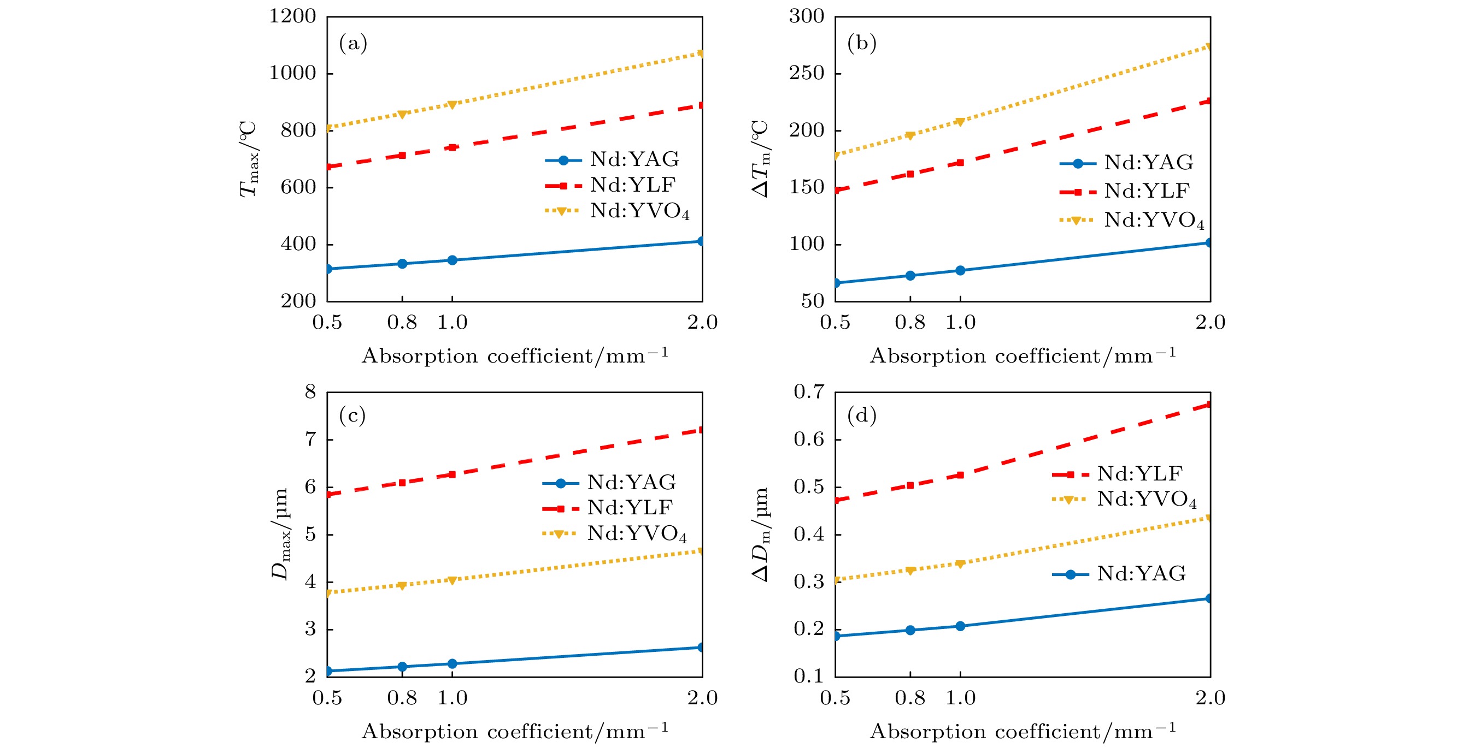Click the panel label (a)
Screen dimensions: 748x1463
[x=352, y=43]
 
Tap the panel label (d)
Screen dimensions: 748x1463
[x=861, y=415]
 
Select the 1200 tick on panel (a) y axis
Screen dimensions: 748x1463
[x=292, y=16]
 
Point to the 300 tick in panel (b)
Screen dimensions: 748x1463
[x=806, y=16]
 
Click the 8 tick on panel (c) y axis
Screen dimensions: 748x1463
[x=310, y=391]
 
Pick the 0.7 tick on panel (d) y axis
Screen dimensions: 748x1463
[x=809, y=391]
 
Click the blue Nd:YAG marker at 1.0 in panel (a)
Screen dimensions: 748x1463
[x=452, y=260]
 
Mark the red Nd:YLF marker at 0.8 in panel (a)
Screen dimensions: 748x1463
[x=402, y=156]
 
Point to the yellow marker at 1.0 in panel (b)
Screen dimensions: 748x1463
[x=960, y=122]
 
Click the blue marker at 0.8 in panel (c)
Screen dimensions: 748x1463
[x=402, y=666]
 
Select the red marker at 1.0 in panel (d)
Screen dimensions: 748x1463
[x=960, y=475]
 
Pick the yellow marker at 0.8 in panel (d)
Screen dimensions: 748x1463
[x=910, y=571]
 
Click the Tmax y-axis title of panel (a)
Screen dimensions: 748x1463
[x=249, y=159]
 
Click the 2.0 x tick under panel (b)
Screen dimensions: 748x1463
[x=1210, y=322]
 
